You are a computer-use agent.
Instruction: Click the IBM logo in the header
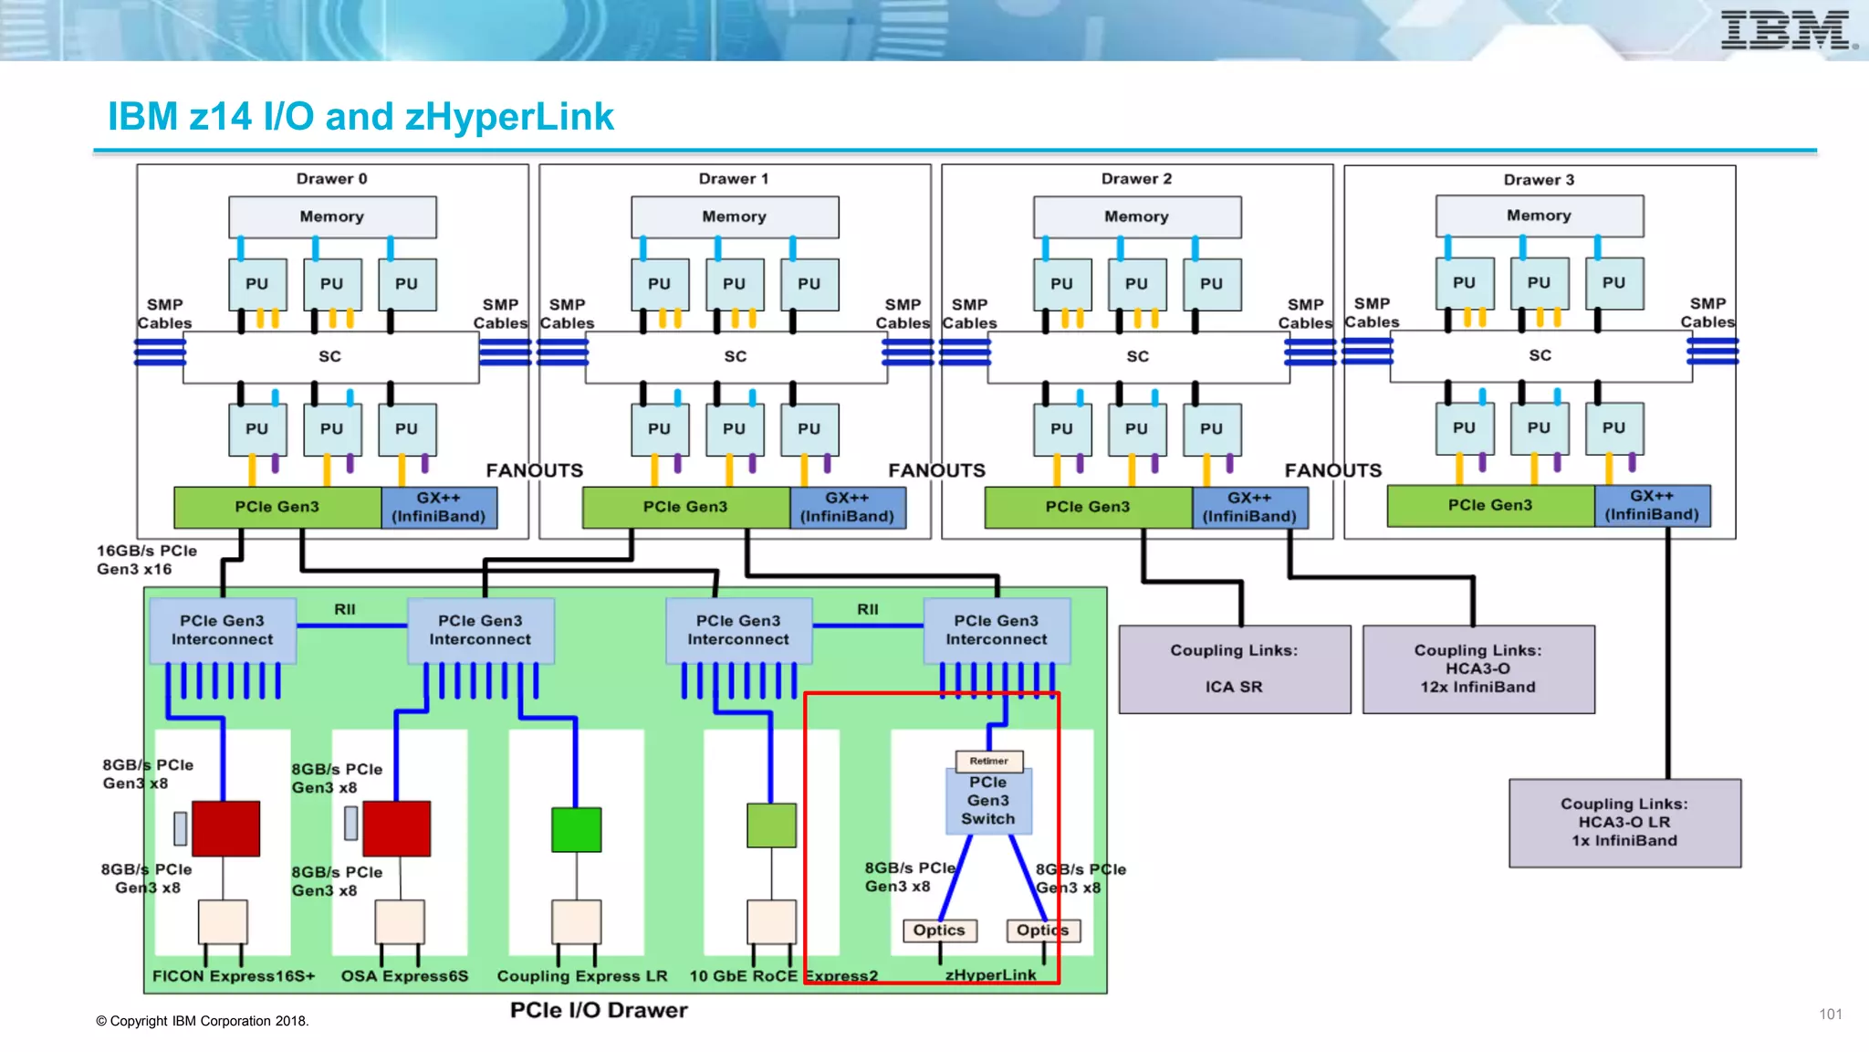click(1787, 30)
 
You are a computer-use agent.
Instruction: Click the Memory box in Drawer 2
click(1136, 216)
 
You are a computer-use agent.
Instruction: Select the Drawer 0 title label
click(331, 179)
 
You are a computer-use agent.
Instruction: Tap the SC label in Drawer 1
click(735, 356)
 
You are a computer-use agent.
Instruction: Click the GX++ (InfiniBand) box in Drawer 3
click(1652, 506)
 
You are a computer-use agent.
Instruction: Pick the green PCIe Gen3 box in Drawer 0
click(277, 507)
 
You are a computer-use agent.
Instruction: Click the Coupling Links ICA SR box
click(1234, 668)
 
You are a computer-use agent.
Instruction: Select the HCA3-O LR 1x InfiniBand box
click(1624, 822)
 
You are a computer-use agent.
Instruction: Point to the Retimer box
click(988, 761)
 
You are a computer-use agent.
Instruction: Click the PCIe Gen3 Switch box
click(987, 801)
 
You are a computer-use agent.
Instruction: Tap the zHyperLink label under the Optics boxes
click(990, 974)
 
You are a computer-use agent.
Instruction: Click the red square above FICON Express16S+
click(225, 828)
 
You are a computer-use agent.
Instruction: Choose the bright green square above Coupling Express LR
click(576, 829)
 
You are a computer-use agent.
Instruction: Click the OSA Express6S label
click(404, 976)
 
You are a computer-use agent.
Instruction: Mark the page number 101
click(1830, 1014)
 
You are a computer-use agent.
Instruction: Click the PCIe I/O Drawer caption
click(599, 1010)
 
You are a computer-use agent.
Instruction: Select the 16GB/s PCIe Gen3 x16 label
click(146, 560)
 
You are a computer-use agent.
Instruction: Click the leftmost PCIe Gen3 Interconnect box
click(222, 630)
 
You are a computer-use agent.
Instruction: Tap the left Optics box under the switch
click(939, 930)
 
